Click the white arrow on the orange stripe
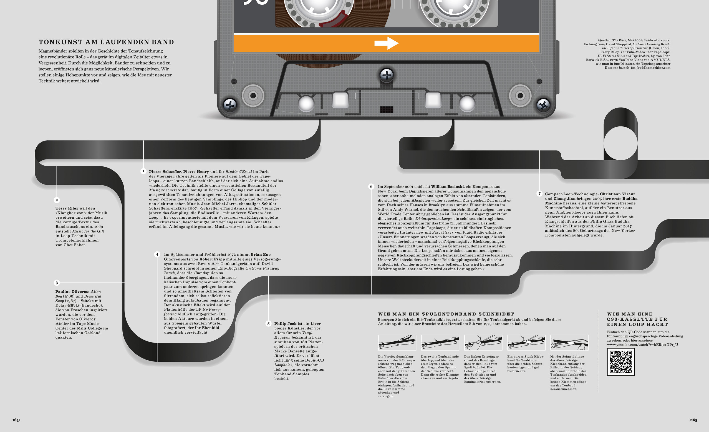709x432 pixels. tap(387, 43)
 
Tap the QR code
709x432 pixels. tap(621, 362)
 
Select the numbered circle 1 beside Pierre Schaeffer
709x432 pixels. tap(143, 171)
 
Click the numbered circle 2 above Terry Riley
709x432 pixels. tap(57, 200)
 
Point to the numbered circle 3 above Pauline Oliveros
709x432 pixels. tap(57, 283)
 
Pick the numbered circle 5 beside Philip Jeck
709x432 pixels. tap(268, 324)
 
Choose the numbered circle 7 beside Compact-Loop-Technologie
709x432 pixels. tap(539, 194)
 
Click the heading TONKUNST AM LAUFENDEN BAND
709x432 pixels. tap(106, 42)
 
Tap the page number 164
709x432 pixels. tap(16, 420)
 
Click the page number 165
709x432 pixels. tap(694, 420)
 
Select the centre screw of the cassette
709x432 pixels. tap(387, 75)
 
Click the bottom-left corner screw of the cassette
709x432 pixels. tap(230, 105)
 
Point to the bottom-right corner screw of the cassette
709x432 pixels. tap(543, 105)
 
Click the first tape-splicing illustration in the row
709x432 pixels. tap(397, 343)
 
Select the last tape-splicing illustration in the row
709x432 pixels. tap(569, 343)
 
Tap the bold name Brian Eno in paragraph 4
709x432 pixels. tap(260, 254)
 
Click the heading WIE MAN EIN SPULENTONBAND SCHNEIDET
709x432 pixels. tap(446, 314)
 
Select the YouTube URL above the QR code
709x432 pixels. tap(642, 345)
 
